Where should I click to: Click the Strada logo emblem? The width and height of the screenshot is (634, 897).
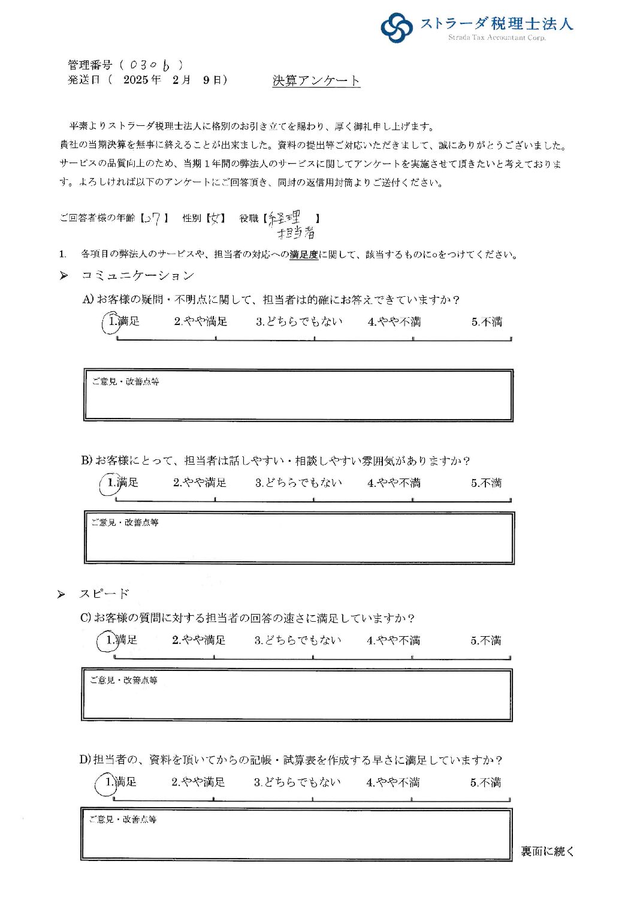[x=397, y=28]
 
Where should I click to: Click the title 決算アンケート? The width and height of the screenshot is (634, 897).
[x=316, y=81]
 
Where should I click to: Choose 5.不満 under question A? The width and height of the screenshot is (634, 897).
[x=486, y=322]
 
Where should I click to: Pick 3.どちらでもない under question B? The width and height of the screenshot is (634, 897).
[x=298, y=483]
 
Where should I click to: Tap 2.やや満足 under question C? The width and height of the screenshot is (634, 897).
[x=198, y=640]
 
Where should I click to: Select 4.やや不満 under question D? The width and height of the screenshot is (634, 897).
[x=393, y=782]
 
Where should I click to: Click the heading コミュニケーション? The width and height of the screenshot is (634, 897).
[x=138, y=276]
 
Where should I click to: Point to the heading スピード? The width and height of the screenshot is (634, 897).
[x=104, y=594]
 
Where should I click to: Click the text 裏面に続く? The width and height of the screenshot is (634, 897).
[x=547, y=851]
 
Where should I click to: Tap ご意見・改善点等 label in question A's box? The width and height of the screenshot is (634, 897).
[x=125, y=381]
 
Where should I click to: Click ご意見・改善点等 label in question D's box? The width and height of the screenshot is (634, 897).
[x=122, y=820]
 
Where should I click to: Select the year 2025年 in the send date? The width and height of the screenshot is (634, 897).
[x=142, y=80]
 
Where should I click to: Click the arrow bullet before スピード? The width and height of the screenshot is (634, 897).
[x=61, y=595]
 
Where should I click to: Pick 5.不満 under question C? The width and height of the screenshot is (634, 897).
[x=485, y=640]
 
